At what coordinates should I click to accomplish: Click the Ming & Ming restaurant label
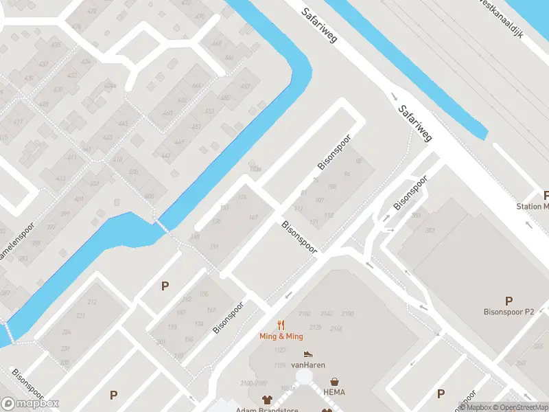coord(281,336)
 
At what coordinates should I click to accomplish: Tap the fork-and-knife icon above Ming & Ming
coord(281,325)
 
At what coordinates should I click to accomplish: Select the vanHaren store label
coord(308,365)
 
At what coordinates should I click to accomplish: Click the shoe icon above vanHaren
coord(308,354)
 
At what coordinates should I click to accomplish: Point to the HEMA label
coord(334,392)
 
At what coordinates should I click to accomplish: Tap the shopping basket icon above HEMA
coord(334,381)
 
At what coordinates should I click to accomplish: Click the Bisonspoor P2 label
coord(509,312)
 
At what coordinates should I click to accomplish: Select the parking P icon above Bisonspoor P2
coord(509,301)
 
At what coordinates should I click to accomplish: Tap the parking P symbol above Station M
coord(546,195)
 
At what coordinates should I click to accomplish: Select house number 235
coord(65,362)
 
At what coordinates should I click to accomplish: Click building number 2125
coord(316,328)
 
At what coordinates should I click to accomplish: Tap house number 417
coord(17,122)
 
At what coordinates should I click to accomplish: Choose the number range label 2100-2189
coord(253,382)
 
